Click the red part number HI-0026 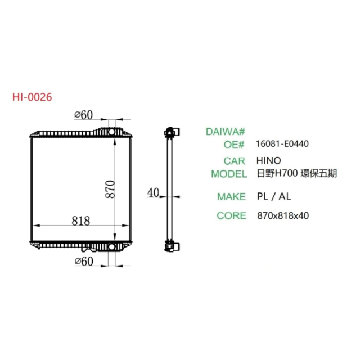tap(32, 97)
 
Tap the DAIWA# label tap(226, 132)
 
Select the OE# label tap(235, 144)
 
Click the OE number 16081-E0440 tap(282, 144)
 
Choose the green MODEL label tap(229, 174)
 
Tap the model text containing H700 tap(296, 174)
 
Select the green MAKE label tap(231, 196)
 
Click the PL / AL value tap(274, 196)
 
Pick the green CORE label tap(231, 215)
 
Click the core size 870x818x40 tap(283, 215)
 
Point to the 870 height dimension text tap(110, 189)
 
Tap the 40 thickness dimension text tap(152, 193)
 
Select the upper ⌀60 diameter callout tap(84, 115)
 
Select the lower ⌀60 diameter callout tap(84, 261)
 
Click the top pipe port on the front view tap(115, 132)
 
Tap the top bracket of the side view tap(170, 133)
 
